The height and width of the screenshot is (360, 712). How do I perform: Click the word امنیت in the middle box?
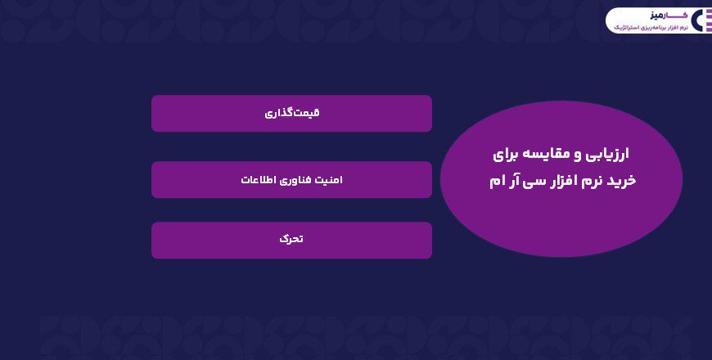(x=327, y=179)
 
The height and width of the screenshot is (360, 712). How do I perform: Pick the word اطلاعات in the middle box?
(x=255, y=179)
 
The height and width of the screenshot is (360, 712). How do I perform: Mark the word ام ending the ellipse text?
(x=497, y=180)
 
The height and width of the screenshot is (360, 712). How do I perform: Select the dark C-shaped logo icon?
(x=701, y=20)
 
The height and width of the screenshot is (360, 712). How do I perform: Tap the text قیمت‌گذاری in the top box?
(x=291, y=114)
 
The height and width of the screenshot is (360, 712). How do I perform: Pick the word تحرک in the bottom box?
(x=291, y=240)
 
